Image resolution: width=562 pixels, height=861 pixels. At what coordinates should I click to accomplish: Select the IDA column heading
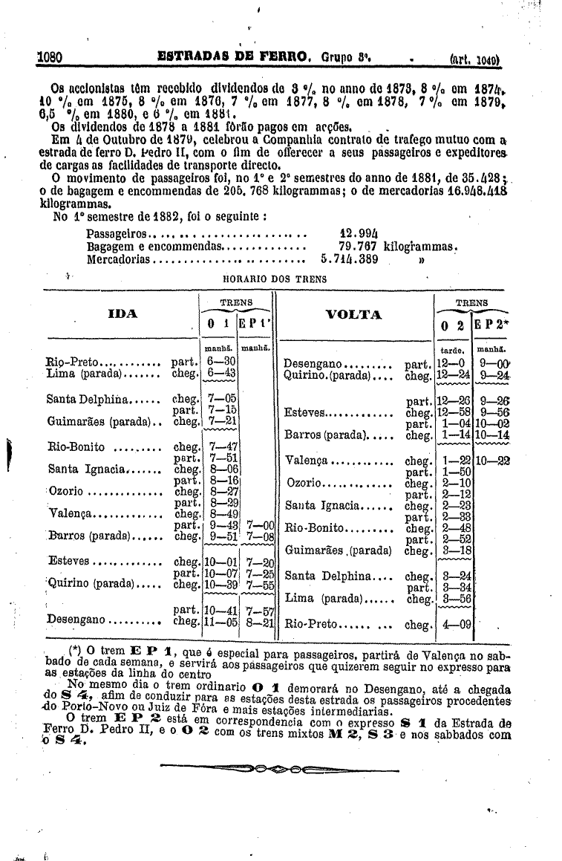tap(122, 314)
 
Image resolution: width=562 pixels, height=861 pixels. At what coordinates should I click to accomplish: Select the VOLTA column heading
tap(353, 314)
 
